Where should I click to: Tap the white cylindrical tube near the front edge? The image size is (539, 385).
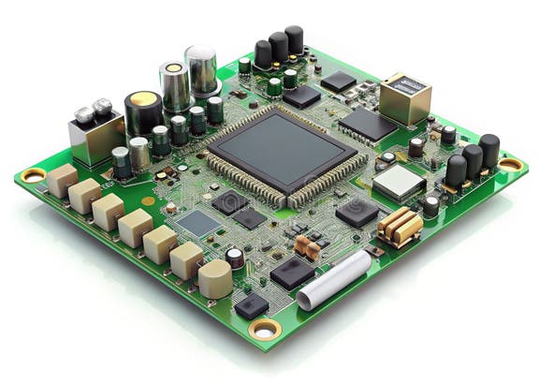click(x=334, y=278)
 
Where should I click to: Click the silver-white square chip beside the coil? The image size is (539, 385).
click(x=399, y=183)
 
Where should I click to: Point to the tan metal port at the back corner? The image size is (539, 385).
click(x=405, y=99)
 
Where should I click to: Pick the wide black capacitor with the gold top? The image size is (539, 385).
click(x=143, y=113)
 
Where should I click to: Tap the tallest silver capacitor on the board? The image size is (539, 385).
click(x=201, y=70)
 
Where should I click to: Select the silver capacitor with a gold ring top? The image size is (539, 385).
click(x=174, y=85)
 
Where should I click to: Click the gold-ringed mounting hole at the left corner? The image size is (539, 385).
click(x=34, y=175)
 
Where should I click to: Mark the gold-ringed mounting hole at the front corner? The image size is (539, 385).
click(x=264, y=328)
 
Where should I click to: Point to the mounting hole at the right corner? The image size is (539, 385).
click(x=510, y=164)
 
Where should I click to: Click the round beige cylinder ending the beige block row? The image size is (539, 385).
click(x=215, y=278)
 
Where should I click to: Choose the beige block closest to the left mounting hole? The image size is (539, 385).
click(x=63, y=180)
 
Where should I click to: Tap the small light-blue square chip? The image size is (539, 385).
click(x=198, y=223)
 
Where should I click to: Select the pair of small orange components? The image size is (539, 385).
click(x=307, y=247)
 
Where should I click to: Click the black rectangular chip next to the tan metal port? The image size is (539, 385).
click(x=366, y=124)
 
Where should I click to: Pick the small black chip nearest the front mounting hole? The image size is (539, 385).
click(x=251, y=304)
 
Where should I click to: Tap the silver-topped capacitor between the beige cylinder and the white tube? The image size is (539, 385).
click(x=235, y=259)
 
